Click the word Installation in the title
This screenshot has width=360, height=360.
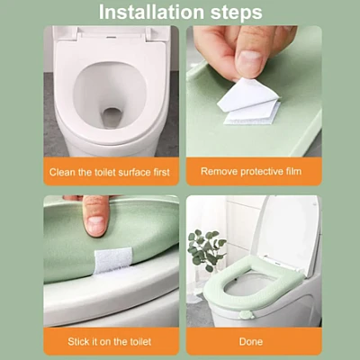point(152,13)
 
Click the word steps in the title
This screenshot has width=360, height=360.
point(236,13)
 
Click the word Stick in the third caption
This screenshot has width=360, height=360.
point(77,342)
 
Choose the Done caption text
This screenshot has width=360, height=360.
point(251,342)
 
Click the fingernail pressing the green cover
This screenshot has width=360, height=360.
point(95,224)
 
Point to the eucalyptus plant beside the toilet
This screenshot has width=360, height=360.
point(206,249)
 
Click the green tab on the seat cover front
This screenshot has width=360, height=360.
point(246,316)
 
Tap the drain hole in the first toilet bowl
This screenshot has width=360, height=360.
point(112,117)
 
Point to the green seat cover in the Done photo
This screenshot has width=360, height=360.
point(255,282)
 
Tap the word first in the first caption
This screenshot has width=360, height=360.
point(162,172)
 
